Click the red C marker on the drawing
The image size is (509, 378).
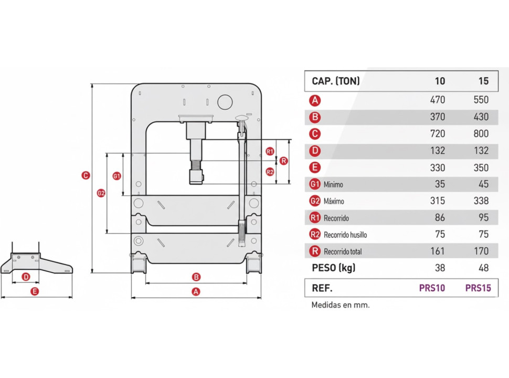(86, 176)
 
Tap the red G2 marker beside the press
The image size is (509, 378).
(101, 193)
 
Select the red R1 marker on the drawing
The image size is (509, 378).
(270, 151)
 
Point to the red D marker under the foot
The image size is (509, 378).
(26, 277)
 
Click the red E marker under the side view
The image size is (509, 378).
(35, 291)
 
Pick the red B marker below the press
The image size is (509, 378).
(196, 277)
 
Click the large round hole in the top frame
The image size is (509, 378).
(225, 100)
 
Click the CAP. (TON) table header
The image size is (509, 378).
(336, 81)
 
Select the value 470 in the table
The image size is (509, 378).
(437, 100)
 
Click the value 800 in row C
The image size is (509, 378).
(481, 134)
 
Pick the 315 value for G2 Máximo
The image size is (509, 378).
(437, 201)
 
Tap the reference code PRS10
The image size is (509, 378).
(432, 288)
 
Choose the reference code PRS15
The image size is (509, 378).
(478, 288)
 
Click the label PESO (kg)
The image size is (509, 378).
(333, 268)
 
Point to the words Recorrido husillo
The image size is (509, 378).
(345, 235)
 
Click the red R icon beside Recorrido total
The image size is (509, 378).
(315, 251)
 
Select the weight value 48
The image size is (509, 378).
(483, 268)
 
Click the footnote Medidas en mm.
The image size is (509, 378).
(341, 304)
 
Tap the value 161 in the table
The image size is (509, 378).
(437, 251)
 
